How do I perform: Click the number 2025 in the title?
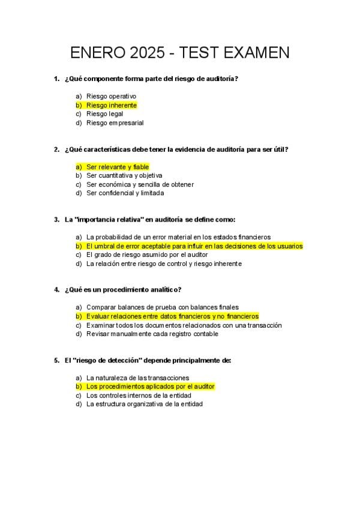[146, 53]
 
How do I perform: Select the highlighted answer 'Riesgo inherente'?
[112, 105]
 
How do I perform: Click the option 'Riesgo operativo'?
[111, 96]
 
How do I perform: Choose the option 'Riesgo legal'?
[104, 113]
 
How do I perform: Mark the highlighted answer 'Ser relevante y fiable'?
[118, 166]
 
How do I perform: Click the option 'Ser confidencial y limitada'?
[125, 193]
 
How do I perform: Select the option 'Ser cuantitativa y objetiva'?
[124, 175]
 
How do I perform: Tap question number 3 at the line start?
[56, 220]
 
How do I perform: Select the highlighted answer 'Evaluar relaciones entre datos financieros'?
[172, 316]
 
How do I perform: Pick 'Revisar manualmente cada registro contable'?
[152, 334]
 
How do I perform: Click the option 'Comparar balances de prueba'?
[162, 307]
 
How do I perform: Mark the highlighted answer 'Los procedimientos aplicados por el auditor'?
[150, 387]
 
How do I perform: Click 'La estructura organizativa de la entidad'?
[144, 404]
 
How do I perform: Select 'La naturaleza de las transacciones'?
[137, 378]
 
